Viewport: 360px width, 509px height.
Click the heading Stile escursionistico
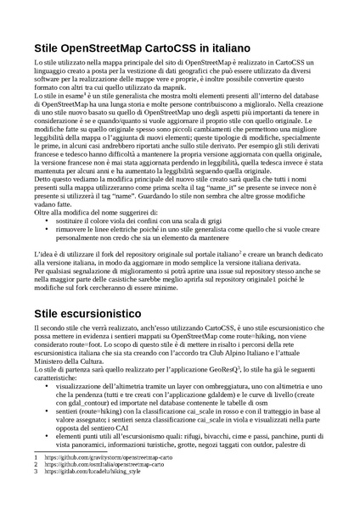point(93,313)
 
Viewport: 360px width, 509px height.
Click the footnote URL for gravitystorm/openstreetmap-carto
point(110,481)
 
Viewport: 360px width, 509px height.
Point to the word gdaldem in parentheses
point(222,401)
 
